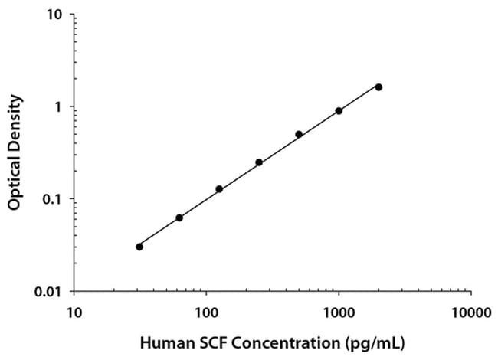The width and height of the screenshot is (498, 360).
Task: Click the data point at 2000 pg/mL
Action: coord(378,87)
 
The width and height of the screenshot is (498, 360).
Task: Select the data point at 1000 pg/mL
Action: coord(339,111)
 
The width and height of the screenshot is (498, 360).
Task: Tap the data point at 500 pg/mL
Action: coord(299,134)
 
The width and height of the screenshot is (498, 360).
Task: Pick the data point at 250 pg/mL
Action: coord(259,162)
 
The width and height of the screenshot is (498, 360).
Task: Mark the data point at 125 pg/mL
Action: coord(219,188)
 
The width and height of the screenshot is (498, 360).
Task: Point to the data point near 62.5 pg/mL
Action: coord(179,218)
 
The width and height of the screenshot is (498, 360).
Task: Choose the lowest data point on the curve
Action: coord(139,247)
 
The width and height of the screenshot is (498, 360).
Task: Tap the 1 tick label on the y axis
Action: coord(62,106)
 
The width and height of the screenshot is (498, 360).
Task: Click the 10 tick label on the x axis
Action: coord(74,312)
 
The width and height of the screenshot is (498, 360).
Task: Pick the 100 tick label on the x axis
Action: coord(206,312)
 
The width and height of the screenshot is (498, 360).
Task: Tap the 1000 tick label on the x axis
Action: coord(339,312)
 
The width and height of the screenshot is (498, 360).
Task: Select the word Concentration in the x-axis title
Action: coord(277,341)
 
